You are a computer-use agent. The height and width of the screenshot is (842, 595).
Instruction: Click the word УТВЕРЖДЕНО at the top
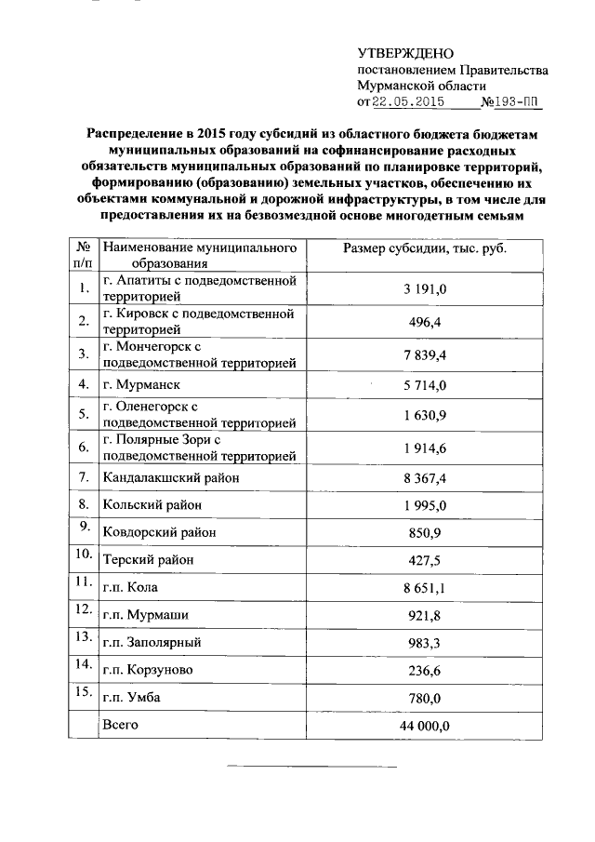pos(406,54)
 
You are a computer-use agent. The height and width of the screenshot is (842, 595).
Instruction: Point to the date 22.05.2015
pos(407,102)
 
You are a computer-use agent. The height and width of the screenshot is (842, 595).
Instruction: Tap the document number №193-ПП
pos(509,102)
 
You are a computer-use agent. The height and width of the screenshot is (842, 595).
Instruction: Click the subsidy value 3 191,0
pos(426,290)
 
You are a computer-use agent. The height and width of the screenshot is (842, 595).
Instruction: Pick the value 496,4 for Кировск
pos(426,322)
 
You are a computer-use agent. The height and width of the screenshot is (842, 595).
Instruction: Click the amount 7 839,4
pos(426,354)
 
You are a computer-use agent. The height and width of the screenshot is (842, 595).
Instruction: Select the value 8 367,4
pos(426,477)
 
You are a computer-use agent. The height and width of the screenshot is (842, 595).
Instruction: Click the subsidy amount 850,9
pos(426,532)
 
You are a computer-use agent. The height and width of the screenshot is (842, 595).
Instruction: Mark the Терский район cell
pos(153,560)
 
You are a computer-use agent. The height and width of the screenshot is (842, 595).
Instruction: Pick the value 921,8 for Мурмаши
pos(426,615)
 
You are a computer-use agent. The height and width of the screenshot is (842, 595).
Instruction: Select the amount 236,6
pos(426,670)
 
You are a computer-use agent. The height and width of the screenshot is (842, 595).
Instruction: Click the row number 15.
pos(83,691)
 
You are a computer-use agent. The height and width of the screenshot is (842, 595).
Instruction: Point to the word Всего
pos(121,724)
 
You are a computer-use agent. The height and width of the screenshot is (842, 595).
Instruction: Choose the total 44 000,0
pos(426,726)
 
